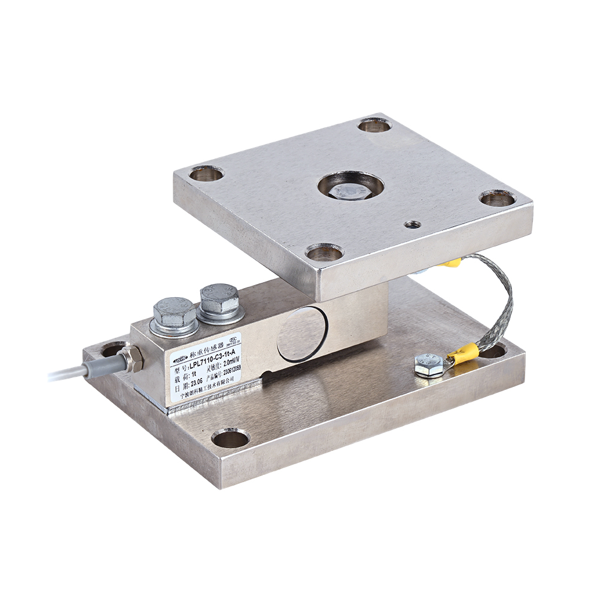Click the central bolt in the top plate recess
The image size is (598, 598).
coord(350,188)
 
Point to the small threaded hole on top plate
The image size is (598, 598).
coord(411,225)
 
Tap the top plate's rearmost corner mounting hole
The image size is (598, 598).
coord(374,125)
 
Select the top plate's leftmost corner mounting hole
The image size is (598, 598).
coord(207,174)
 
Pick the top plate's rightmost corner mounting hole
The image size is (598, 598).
coord(497,197)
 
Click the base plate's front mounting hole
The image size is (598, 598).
coord(231,438)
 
